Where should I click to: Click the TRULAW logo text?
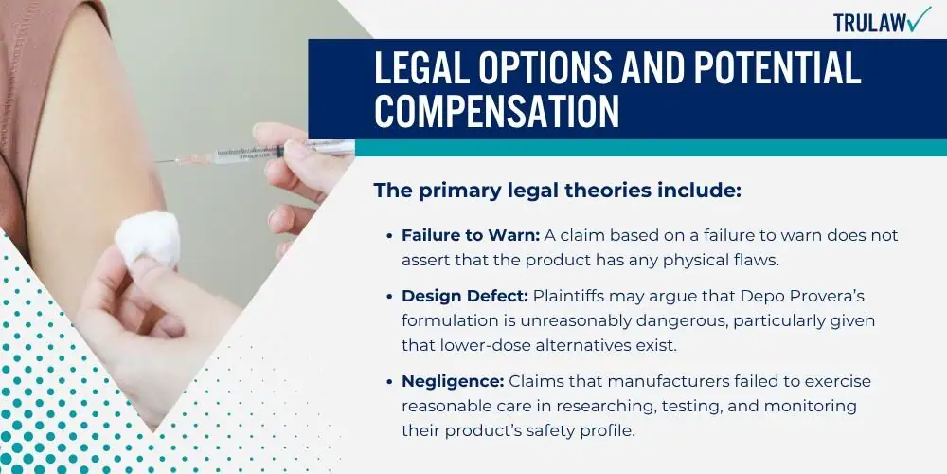(869, 23)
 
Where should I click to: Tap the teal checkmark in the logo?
(920, 19)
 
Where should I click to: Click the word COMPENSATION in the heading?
(496, 110)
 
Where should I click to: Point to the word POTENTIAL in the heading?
(777, 67)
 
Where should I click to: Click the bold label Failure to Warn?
(471, 236)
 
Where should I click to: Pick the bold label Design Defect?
(465, 297)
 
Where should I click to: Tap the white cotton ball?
(148, 240)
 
